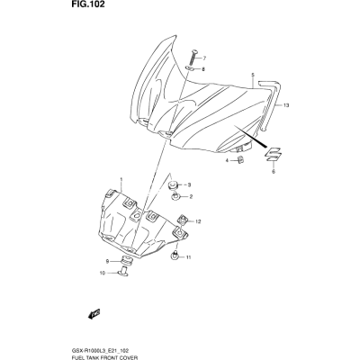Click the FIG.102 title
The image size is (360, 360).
click(x=89, y=4)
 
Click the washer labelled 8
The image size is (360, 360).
click(x=190, y=68)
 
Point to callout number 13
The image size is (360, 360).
click(x=286, y=105)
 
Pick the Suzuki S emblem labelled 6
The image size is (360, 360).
click(x=273, y=155)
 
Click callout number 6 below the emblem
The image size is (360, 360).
click(x=274, y=172)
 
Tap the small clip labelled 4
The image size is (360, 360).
click(x=240, y=159)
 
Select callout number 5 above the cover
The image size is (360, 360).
click(x=253, y=75)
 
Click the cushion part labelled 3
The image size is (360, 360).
click(x=173, y=184)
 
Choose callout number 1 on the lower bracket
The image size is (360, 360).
click(x=121, y=180)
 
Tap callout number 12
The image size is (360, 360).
click(x=198, y=221)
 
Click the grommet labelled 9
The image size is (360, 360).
click(x=128, y=260)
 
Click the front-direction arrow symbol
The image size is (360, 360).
click(x=94, y=313)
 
